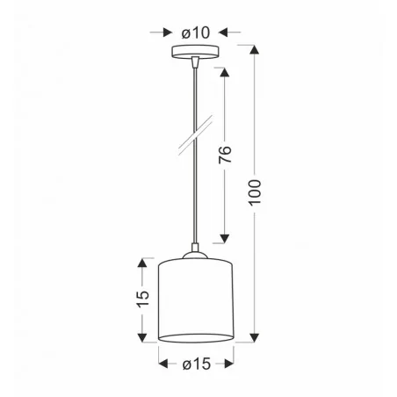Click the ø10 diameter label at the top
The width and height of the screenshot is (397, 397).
click(x=195, y=32)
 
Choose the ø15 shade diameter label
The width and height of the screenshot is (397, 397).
click(x=196, y=361)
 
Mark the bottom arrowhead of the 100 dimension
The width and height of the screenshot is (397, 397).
click(x=256, y=337)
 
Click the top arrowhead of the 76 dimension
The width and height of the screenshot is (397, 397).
click(x=225, y=70)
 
